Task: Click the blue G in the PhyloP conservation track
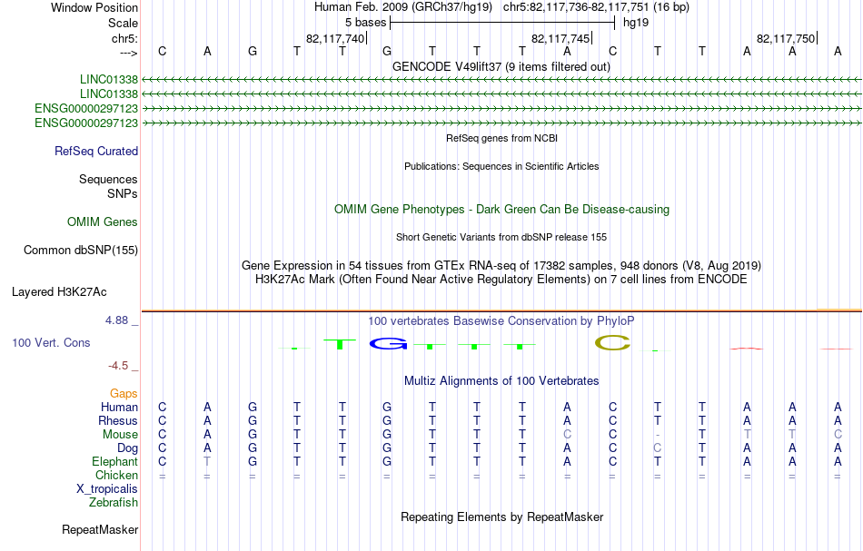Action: pos(388,344)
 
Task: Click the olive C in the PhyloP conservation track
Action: pos(612,343)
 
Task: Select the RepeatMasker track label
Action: pos(100,529)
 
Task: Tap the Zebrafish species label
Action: pos(114,503)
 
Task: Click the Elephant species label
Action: pos(115,462)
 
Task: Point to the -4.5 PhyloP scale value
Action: pos(118,366)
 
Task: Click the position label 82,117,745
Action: pos(560,38)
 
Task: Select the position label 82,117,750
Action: pos(786,38)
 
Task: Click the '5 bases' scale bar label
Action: pos(365,23)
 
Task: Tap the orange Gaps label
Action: pos(124,394)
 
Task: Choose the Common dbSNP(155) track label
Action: pos(81,251)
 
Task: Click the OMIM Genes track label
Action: pos(103,221)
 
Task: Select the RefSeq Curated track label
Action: pos(96,152)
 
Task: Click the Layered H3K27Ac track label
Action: pos(59,292)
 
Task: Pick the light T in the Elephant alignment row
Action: pos(207,462)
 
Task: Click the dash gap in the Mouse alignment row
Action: pos(657,435)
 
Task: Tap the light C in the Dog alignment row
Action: pos(657,448)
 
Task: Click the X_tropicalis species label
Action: pos(107,489)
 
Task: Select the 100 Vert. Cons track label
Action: pos(51,342)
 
